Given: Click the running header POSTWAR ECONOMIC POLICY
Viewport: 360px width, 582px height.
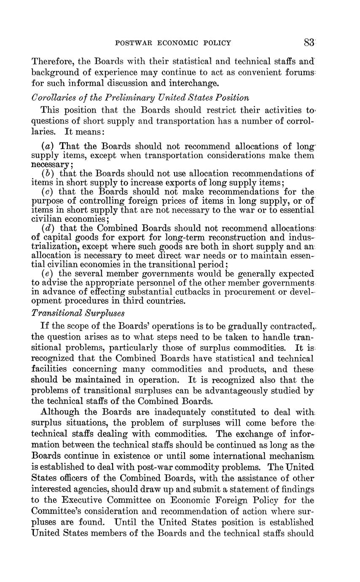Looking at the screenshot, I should click(x=173, y=43).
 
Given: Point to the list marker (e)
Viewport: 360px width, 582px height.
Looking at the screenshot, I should click(x=48, y=274).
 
